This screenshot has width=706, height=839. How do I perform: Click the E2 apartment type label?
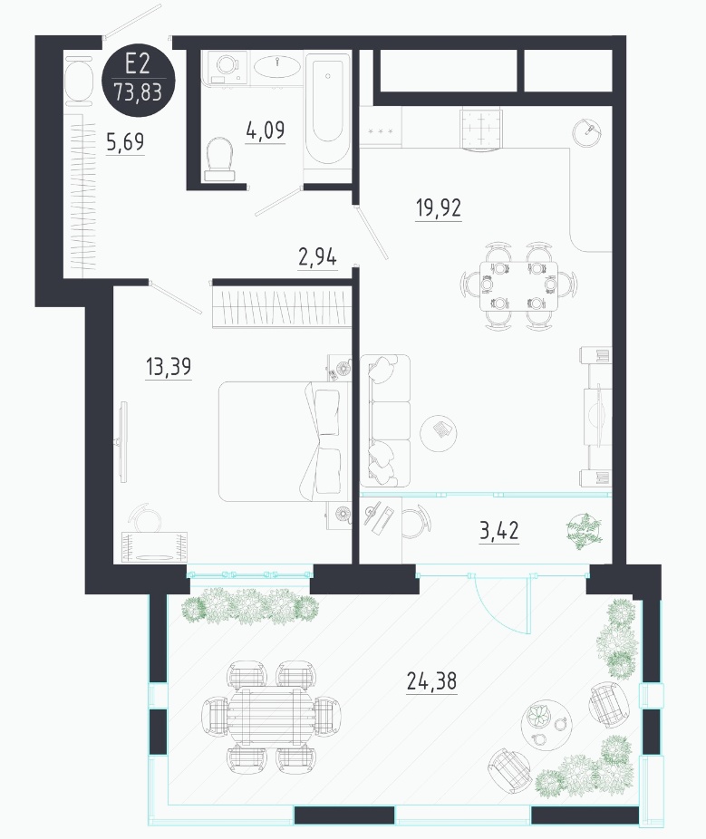click(x=137, y=64)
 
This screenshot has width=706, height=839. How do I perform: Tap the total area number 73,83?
click(x=138, y=92)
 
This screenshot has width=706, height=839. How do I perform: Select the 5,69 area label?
click(x=125, y=141)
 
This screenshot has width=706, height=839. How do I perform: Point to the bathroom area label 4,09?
click(x=266, y=130)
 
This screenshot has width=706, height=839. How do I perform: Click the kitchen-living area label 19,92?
click(x=439, y=207)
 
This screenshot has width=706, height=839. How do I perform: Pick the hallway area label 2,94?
click(x=317, y=257)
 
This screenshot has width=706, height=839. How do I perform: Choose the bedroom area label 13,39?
click(x=168, y=367)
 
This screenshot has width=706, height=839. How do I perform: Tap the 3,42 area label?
click(x=498, y=531)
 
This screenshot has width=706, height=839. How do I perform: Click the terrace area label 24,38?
click(x=431, y=681)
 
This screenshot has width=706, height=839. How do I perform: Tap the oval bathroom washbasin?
click(x=276, y=66)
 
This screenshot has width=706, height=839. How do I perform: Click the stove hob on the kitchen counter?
click(x=482, y=130)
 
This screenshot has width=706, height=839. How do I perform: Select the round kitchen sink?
click(x=586, y=132)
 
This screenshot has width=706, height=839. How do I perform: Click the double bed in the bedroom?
click(x=280, y=441)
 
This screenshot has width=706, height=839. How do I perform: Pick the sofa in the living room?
click(x=385, y=420)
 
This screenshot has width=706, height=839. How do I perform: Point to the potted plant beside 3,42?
click(x=585, y=530)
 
